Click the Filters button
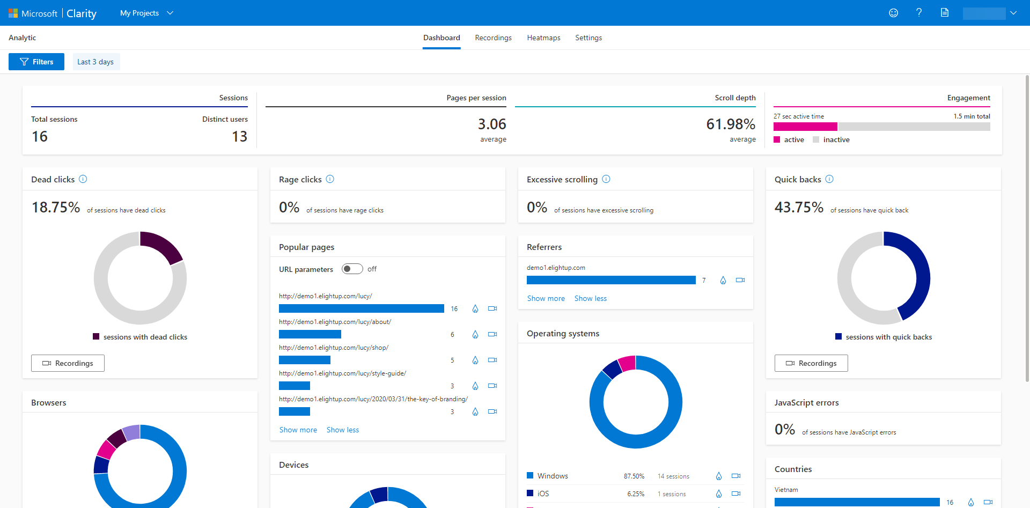(x=36, y=62)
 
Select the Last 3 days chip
(x=95, y=62)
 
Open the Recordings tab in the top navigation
(x=493, y=38)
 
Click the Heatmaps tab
(x=543, y=38)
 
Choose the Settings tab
(x=588, y=38)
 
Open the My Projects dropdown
(x=146, y=13)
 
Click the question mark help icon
(x=919, y=12)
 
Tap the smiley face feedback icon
(x=893, y=12)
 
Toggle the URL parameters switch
(x=352, y=269)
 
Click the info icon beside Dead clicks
(x=83, y=179)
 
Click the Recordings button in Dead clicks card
(x=68, y=363)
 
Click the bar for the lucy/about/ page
(x=310, y=334)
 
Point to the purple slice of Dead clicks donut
(x=162, y=246)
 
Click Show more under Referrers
(x=546, y=298)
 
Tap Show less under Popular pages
(x=342, y=430)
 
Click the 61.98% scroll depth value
(x=730, y=124)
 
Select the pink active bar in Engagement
(x=805, y=127)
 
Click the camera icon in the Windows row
(x=736, y=476)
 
